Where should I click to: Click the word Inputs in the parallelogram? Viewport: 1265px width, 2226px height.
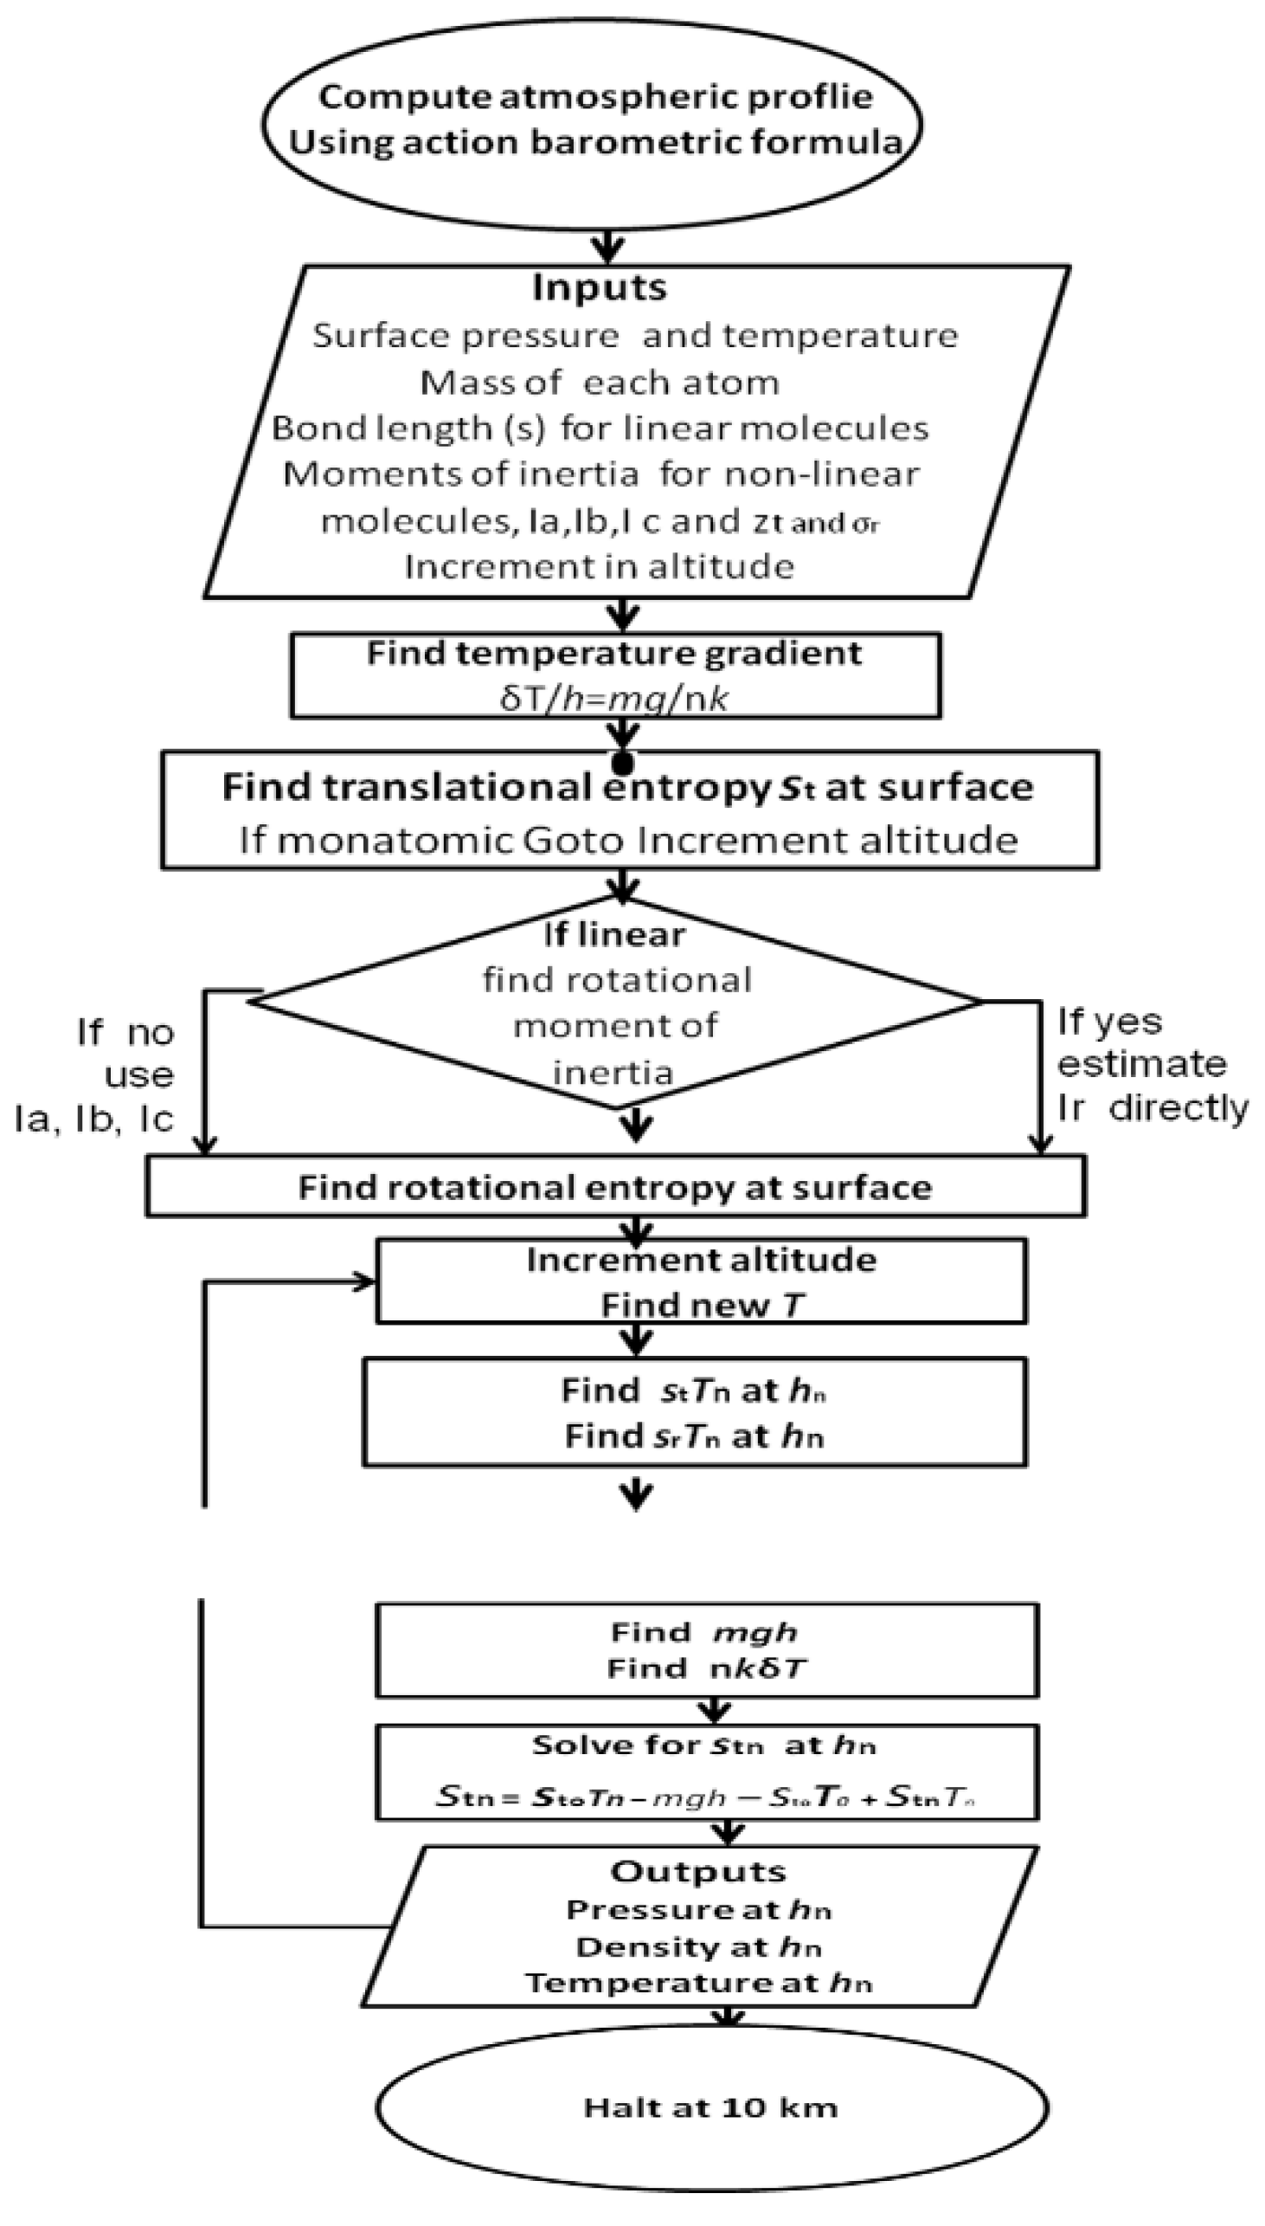599,287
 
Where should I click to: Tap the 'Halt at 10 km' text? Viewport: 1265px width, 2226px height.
710,2107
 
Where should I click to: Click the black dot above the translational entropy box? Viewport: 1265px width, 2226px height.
623,763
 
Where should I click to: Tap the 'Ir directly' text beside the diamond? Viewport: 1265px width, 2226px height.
1151,1108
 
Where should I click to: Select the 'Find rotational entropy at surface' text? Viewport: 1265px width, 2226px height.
614,1187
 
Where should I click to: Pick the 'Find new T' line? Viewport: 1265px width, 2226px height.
702,1305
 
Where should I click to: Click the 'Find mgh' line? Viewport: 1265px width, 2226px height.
703,1632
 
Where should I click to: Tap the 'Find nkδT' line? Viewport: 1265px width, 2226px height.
706,1668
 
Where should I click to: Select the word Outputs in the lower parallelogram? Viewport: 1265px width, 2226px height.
697,1871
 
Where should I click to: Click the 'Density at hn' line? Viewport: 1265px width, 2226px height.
697,1947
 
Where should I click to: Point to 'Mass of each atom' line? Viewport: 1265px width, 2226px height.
599,383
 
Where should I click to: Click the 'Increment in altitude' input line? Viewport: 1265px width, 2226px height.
599,567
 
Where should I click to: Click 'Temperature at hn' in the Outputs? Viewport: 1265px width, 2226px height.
697,1984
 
